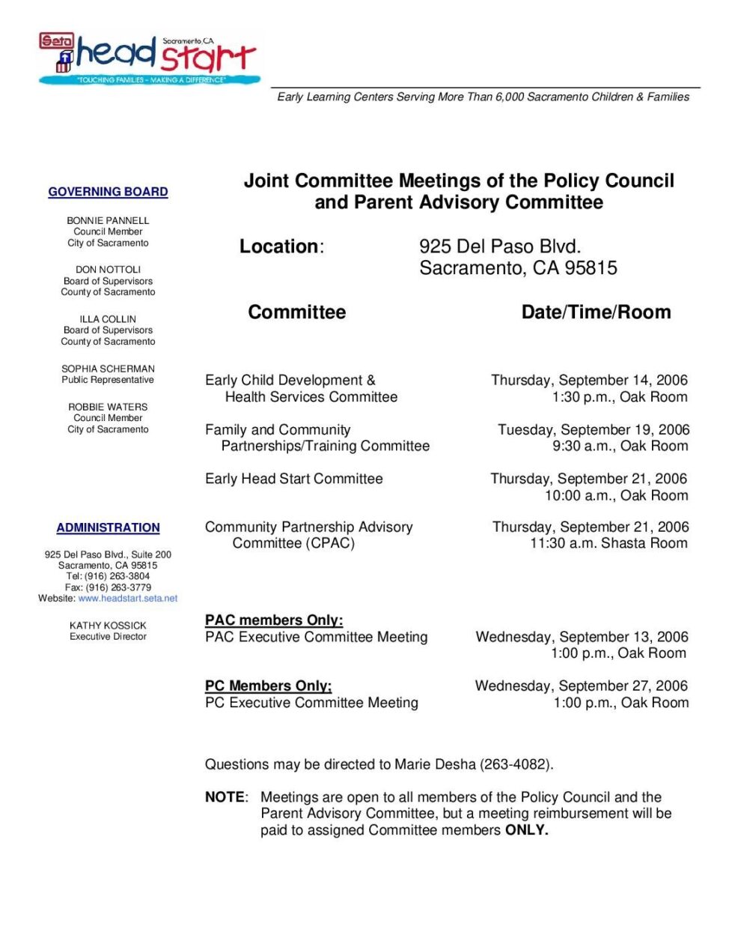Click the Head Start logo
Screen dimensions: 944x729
click(150, 58)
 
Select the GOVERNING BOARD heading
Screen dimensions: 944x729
click(108, 192)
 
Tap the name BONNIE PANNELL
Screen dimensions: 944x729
click(108, 220)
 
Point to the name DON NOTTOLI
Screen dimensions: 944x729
click(108, 269)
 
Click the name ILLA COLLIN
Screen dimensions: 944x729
click(108, 318)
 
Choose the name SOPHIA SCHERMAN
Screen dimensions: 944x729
click(108, 369)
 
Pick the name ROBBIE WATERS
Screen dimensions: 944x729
click(108, 407)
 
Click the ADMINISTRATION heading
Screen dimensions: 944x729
click(108, 527)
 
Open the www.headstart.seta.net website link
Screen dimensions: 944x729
click(128, 599)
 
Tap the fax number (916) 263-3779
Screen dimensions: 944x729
click(118, 587)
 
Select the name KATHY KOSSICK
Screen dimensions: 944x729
click(108, 625)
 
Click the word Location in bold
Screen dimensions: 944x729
click(278, 246)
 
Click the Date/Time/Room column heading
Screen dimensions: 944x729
click(596, 312)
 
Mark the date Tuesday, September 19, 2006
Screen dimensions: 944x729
click(594, 429)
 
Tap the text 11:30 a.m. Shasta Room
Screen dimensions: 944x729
click(608, 543)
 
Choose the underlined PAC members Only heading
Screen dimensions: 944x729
click(274, 620)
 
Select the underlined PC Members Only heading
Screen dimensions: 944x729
click(268, 686)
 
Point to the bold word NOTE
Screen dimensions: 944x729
click(225, 797)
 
